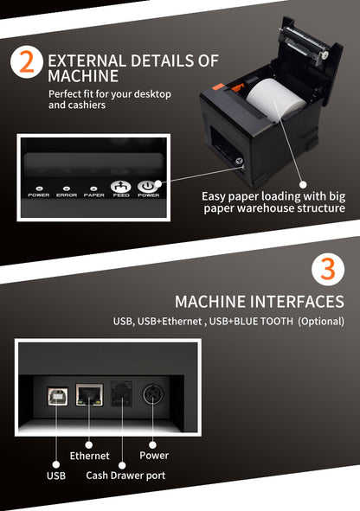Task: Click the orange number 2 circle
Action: [27, 62]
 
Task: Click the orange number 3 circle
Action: [328, 269]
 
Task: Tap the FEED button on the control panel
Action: [120, 187]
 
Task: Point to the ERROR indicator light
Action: [67, 188]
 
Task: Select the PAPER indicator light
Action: [93, 188]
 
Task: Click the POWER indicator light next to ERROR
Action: [40, 188]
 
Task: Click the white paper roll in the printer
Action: [275, 99]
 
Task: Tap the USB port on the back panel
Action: [57, 396]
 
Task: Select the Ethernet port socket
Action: [89, 394]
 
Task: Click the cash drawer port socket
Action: [121, 393]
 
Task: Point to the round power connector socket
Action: [153, 394]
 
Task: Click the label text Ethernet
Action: [90, 456]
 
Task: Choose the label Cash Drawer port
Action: [125, 476]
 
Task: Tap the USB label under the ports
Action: [56, 476]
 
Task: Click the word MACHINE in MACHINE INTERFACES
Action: [210, 302]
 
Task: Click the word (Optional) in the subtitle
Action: [321, 322]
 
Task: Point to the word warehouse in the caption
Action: [269, 208]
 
